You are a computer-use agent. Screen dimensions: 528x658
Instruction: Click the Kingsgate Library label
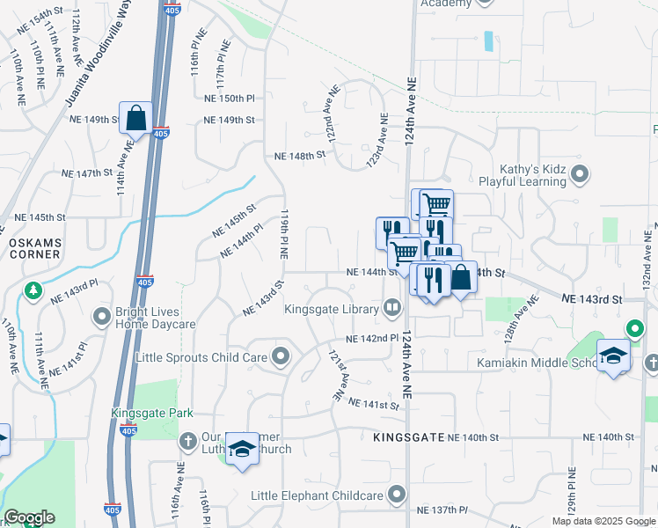331,309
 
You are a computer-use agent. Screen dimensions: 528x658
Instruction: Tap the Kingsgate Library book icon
391,308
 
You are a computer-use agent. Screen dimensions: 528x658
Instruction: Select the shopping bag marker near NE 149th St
136,117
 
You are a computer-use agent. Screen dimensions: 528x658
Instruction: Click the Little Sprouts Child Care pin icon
281,356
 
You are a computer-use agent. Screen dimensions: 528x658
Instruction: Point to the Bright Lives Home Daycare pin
103,312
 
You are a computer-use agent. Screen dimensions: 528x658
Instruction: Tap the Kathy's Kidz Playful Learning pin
579,175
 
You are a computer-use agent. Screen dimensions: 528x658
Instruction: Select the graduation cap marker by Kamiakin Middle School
613,356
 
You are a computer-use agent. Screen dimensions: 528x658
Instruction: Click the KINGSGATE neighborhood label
406,437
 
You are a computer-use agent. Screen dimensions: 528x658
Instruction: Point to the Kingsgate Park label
151,413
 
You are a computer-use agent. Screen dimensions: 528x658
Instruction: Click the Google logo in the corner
29,517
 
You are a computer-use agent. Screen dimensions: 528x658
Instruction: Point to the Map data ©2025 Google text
603,521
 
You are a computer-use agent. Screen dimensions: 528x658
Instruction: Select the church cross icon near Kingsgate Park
186,440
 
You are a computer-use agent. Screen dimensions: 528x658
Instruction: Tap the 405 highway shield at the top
172,10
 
